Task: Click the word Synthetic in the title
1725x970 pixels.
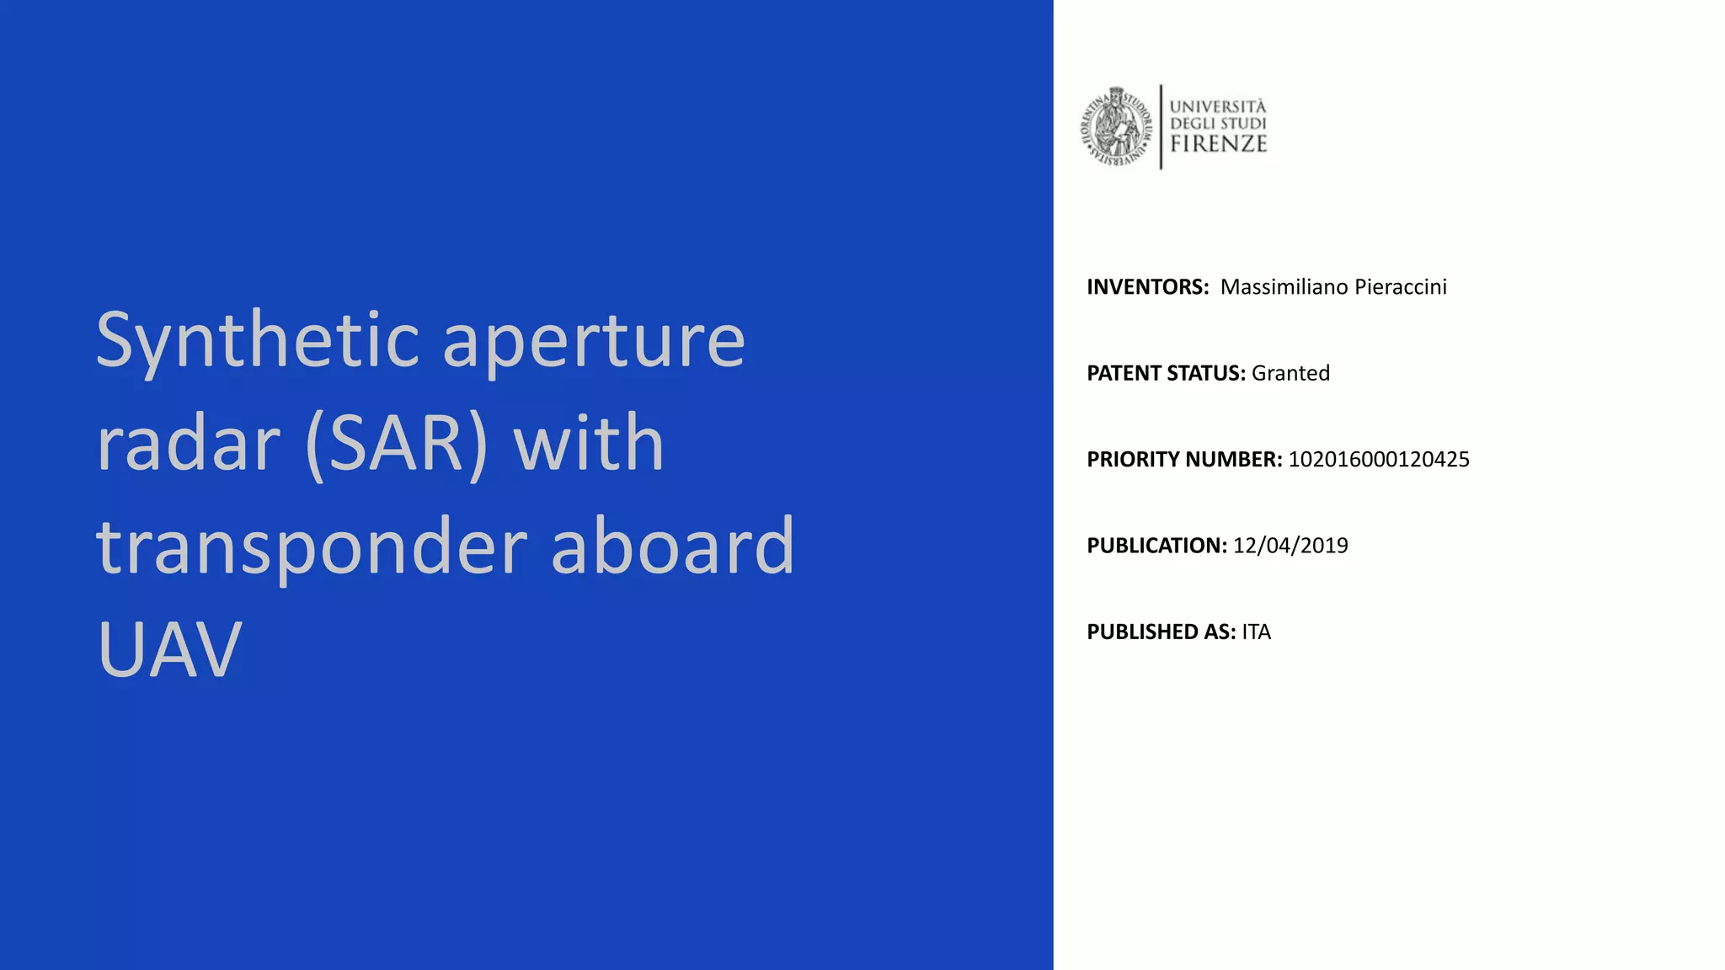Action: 258,341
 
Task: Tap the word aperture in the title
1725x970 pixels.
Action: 594,341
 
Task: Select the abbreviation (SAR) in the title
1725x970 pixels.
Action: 397,444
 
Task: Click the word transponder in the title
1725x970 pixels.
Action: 312,547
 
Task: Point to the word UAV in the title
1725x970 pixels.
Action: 169,649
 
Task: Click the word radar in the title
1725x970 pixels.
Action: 188,444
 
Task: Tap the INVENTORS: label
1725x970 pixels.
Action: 1147,287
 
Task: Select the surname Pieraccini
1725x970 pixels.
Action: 1401,287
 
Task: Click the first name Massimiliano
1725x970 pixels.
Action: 1284,287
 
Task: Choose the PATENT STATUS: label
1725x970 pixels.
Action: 1166,373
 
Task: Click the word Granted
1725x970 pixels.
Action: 1290,373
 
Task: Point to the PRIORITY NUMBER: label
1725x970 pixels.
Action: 1184,460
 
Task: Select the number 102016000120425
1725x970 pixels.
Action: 1379,460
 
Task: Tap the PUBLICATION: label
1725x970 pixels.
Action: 1156,546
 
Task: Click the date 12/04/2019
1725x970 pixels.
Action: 1290,546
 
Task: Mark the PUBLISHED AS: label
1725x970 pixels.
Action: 1161,632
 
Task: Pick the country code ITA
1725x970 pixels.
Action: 1256,632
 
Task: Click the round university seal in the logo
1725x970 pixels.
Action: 1117,127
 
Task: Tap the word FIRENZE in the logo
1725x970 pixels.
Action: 1218,144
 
